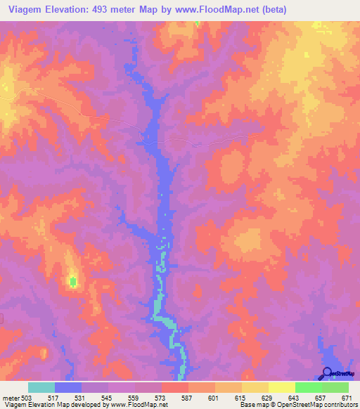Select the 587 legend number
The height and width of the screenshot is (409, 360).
[187, 398]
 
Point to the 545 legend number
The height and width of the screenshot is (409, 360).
[107, 398]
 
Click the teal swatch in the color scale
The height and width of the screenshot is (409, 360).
[41, 387]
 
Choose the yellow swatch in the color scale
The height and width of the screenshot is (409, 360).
[281, 387]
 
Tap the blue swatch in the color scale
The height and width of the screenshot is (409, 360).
[68, 387]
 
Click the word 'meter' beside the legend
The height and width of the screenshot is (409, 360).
[9, 398]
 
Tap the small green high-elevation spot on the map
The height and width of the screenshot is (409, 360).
[72, 282]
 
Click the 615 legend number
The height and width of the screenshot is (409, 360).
[240, 398]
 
